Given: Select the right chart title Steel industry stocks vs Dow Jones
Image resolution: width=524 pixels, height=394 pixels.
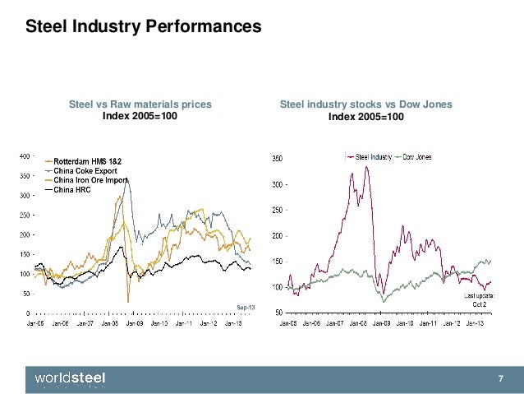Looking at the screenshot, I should tap(366, 104).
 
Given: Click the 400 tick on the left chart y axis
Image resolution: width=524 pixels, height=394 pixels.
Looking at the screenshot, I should tap(24, 155).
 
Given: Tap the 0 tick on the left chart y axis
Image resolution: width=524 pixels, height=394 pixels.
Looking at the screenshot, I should tap(29, 313).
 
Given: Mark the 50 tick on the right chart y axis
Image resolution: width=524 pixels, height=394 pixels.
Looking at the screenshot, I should tap(278, 313).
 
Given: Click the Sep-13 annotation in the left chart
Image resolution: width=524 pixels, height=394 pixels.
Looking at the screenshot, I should tap(246, 307).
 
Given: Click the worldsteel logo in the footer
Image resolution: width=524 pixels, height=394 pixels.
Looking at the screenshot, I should tap(70, 378).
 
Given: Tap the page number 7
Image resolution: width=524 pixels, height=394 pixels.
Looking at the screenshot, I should tap(500, 378).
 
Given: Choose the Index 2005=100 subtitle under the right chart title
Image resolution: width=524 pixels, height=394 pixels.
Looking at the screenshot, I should tap(366, 117).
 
